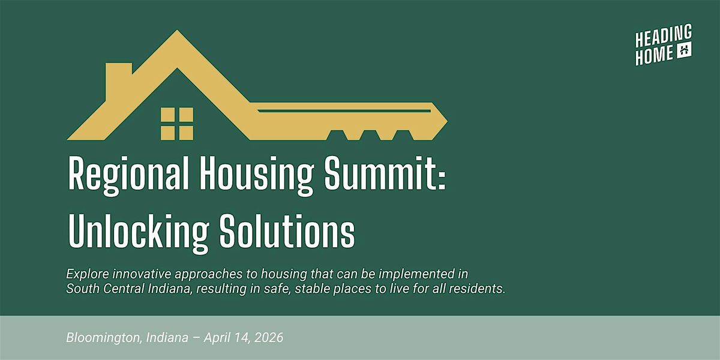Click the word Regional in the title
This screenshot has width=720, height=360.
(x=128, y=175)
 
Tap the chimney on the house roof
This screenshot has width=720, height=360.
(x=119, y=81)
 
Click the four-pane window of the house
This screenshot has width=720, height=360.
(x=177, y=124)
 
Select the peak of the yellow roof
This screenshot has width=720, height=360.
(x=177, y=31)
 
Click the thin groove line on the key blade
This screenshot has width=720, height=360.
(x=344, y=111)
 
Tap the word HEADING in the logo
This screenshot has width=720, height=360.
(x=664, y=37)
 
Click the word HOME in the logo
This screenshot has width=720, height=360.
(x=655, y=55)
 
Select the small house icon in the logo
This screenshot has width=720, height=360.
(x=685, y=50)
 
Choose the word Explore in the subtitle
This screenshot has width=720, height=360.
(x=88, y=274)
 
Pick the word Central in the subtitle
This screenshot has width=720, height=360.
(x=124, y=289)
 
